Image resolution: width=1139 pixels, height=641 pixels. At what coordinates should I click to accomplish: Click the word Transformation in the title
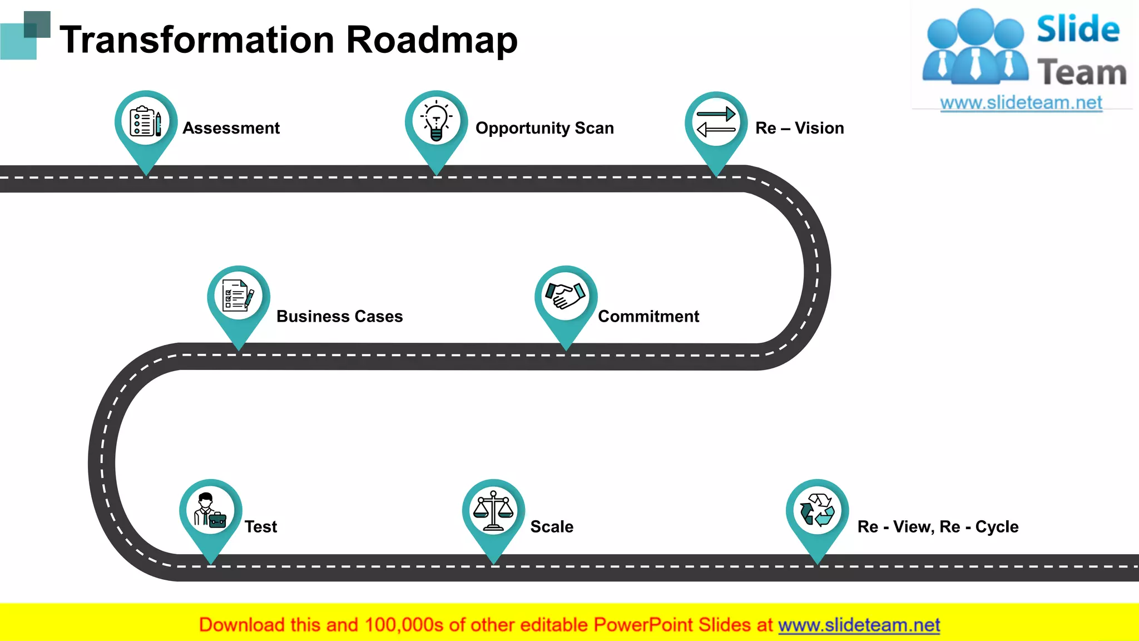[197, 40]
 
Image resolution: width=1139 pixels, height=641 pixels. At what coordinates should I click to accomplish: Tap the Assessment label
[231, 128]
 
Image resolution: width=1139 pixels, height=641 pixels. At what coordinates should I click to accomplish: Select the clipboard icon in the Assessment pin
[146, 121]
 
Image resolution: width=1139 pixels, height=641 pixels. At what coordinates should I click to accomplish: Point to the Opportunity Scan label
[544, 128]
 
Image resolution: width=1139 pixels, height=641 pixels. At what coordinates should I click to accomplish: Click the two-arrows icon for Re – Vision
[716, 122]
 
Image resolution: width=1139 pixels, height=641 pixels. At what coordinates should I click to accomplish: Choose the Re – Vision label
[799, 128]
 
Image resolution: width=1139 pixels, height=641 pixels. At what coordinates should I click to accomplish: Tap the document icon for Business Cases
[238, 295]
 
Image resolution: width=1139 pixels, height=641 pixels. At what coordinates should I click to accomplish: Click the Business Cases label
[339, 316]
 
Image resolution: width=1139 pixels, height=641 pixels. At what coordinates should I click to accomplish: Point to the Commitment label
[648, 316]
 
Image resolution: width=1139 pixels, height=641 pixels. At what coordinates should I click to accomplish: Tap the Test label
[261, 526]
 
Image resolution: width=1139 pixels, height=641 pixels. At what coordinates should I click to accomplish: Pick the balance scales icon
[493, 510]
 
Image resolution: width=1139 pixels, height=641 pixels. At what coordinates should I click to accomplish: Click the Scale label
[552, 526]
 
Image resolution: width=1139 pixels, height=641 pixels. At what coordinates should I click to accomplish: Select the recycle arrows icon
[817, 510]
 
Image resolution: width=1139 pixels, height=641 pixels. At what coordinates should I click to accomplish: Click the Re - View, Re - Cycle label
[938, 526]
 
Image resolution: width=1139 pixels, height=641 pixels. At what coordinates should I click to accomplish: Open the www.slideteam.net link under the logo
[1021, 103]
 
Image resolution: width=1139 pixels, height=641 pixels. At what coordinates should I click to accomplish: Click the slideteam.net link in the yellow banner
[859, 625]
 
